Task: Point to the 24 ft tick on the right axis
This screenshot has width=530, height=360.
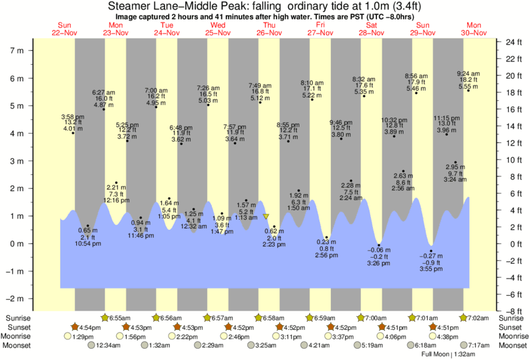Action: [x=513, y=42]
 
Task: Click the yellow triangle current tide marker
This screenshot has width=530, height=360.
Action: [x=266, y=216]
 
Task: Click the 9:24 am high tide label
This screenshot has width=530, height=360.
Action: [x=468, y=73]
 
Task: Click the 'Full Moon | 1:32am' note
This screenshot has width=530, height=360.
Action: [x=448, y=354]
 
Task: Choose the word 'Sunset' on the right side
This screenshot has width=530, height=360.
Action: [x=513, y=327]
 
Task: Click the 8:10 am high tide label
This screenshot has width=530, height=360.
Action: [x=313, y=82]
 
